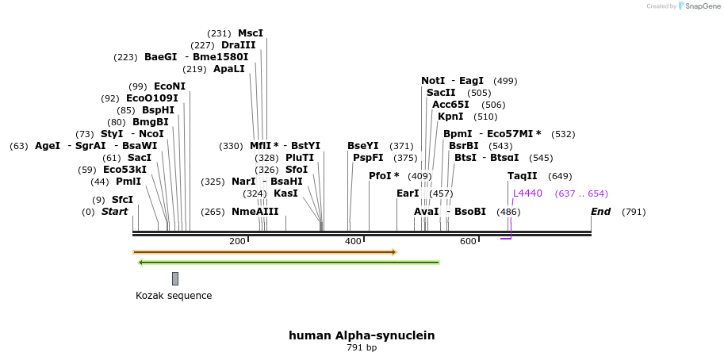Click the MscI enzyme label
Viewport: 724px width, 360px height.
click(x=251, y=33)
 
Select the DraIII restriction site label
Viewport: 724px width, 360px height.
click(x=238, y=45)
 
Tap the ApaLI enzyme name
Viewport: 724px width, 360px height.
click(x=229, y=69)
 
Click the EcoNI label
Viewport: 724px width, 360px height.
click(x=170, y=86)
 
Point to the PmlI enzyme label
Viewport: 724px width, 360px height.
click(x=128, y=182)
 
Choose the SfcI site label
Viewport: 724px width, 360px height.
click(x=122, y=200)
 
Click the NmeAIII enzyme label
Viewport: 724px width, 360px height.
click(x=255, y=212)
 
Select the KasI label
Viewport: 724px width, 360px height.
click(x=285, y=193)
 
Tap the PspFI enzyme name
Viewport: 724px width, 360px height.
click(x=368, y=158)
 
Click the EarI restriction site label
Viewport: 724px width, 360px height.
click(x=408, y=193)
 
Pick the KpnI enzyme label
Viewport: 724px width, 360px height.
click(x=450, y=117)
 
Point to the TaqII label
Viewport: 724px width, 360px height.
click(x=523, y=176)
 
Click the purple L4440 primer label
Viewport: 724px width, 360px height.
click(x=528, y=193)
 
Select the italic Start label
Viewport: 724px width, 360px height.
click(x=114, y=212)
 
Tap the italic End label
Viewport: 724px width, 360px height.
click(x=601, y=212)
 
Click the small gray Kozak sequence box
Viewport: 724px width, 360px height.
click(x=175, y=278)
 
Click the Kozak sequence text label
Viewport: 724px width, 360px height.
click(x=174, y=296)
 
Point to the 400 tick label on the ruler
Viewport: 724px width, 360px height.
click(x=353, y=241)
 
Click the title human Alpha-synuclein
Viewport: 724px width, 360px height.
click(x=362, y=335)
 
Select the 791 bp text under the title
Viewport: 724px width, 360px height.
click(x=362, y=348)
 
